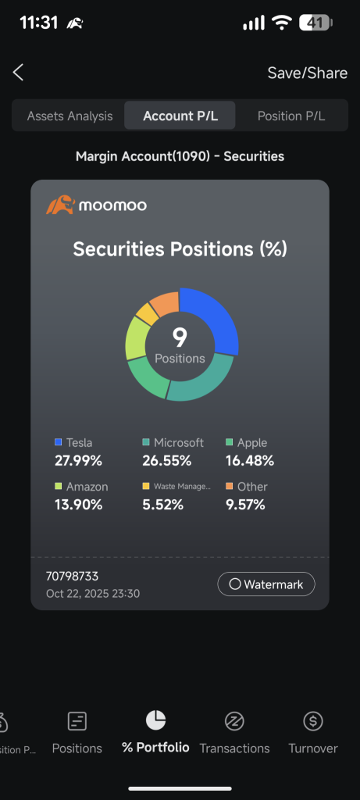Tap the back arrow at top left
click(x=19, y=73)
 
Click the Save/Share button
click(x=307, y=73)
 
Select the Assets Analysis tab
click(x=70, y=116)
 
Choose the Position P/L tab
click(x=291, y=116)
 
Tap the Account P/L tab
click(x=180, y=116)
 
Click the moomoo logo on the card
click(x=96, y=205)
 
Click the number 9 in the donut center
click(x=180, y=337)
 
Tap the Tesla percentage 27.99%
click(x=78, y=460)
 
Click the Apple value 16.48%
click(x=249, y=460)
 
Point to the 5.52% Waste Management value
click(x=162, y=505)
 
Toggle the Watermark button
click(x=266, y=584)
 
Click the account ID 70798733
click(x=73, y=577)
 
